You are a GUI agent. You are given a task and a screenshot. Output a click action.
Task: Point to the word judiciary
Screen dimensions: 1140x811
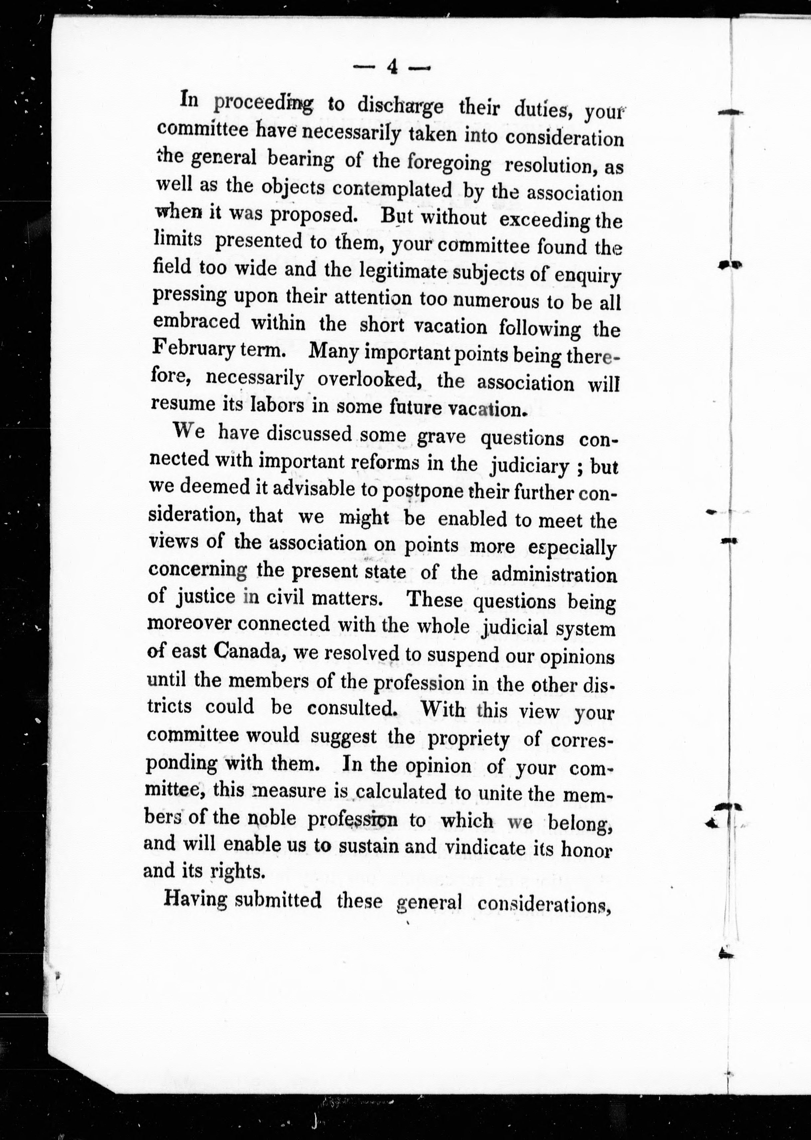(530, 466)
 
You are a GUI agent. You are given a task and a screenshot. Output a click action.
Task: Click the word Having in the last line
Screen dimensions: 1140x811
(195, 901)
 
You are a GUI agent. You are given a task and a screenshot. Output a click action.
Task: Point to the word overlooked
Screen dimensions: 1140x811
(371, 381)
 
